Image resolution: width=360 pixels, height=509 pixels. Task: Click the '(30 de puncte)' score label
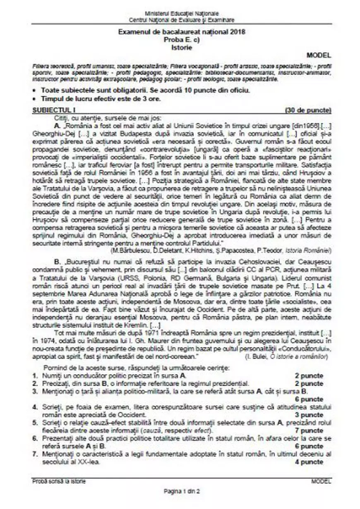tap(308, 111)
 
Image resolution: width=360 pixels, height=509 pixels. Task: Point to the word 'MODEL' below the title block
tap(319, 55)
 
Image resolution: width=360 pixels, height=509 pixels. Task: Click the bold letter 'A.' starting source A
tap(57, 125)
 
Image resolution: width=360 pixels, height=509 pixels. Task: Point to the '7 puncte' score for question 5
tap(310, 431)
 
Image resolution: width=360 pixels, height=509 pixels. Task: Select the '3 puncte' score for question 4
tap(310, 415)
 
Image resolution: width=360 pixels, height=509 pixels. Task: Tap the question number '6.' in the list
tap(36, 439)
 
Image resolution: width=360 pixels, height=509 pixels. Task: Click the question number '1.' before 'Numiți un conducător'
tap(36, 376)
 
